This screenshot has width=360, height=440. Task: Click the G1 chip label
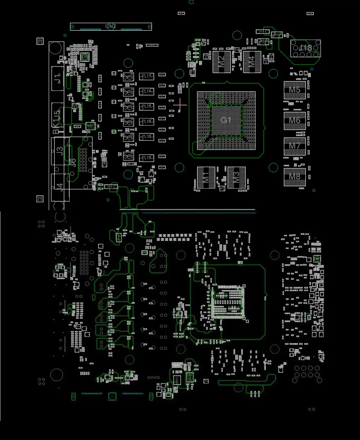pyautogui.click(x=226, y=120)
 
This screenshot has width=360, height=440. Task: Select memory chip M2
pyautogui.click(x=221, y=62)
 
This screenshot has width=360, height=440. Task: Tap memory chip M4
pyautogui.click(x=252, y=62)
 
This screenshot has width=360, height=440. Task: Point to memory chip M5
pyautogui.click(x=295, y=90)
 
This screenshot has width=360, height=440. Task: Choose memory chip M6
pyautogui.click(x=295, y=120)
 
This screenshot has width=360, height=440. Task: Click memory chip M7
pyautogui.click(x=295, y=146)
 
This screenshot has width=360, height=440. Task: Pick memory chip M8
pyautogui.click(x=295, y=176)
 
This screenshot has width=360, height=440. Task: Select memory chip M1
pyautogui.click(x=206, y=177)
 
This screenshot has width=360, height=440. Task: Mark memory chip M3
pyautogui.click(x=237, y=177)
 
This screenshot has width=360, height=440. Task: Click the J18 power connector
pyautogui.click(x=306, y=48)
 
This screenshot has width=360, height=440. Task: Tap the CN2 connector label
pyautogui.click(x=111, y=27)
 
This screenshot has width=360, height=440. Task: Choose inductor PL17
pyautogui.click(x=146, y=76)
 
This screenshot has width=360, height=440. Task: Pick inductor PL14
pyautogui.click(x=146, y=91)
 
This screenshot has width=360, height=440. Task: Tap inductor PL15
pyautogui.click(x=146, y=106)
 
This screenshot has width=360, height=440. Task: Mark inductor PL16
pyautogui.click(x=146, y=122)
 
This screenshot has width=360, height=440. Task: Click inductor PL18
pyautogui.click(x=146, y=137)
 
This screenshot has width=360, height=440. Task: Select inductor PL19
pyautogui.click(x=146, y=158)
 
